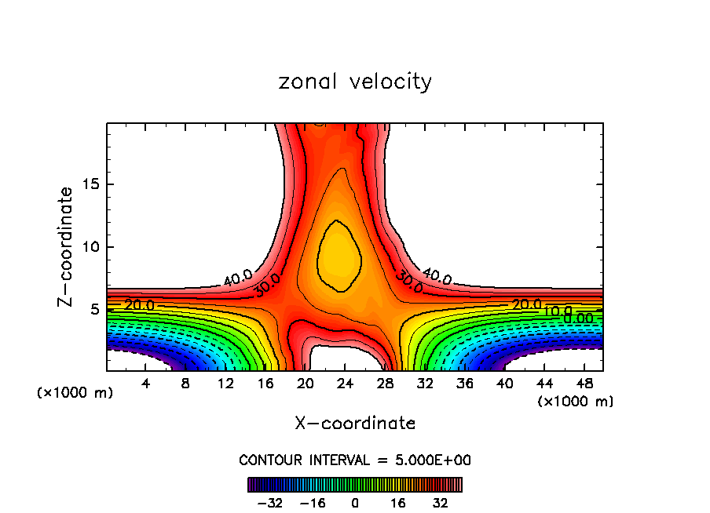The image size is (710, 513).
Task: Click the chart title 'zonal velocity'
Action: pos(355,82)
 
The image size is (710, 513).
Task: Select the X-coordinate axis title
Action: pos(355,424)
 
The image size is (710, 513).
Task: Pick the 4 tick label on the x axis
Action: pos(146,383)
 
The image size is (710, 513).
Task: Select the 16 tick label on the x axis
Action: pos(265,383)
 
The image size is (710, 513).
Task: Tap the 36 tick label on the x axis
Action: pos(464,383)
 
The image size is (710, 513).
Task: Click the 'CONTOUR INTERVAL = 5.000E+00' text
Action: pos(355,460)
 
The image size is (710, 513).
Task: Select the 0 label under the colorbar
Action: pos(355,503)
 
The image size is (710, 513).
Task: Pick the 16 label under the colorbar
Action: pos(398,503)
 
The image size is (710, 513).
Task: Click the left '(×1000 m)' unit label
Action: pos(75,393)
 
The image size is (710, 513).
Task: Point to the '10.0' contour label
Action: pos(557,311)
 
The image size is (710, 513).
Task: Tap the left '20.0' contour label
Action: pos(139,304)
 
